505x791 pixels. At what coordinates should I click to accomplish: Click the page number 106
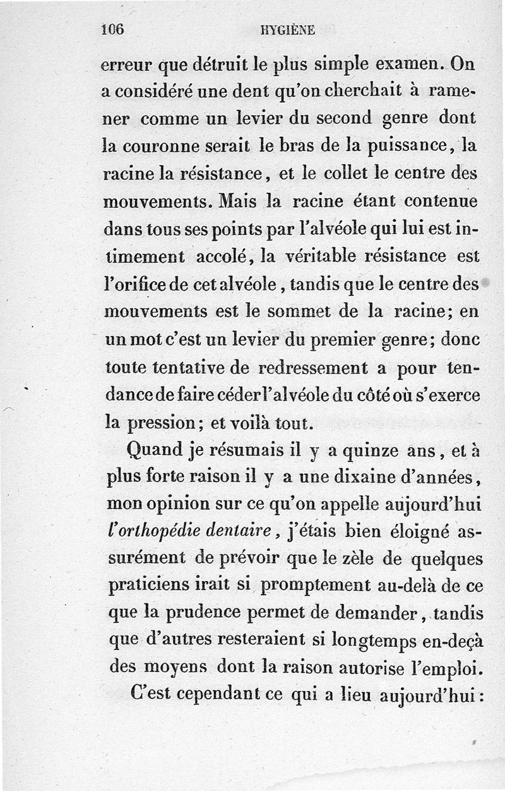point(114,29)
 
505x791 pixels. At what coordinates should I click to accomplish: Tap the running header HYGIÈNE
point(287,30)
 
